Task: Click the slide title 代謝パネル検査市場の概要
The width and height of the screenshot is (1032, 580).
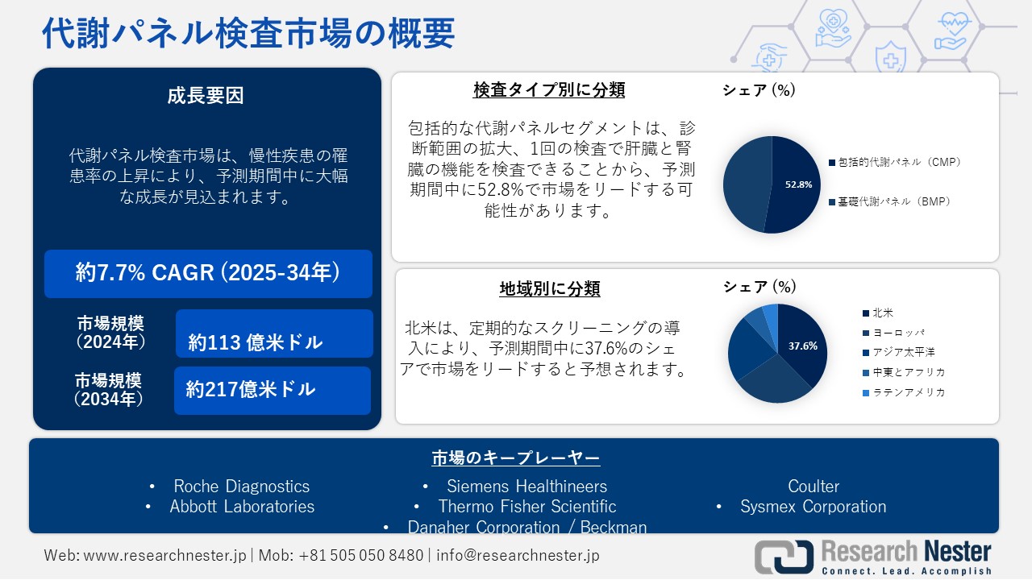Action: [x=248, y=33]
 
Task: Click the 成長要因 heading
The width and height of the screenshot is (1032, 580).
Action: [x=206, y=96]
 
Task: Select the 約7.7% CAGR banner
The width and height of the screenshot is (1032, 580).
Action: [x=208, y=273]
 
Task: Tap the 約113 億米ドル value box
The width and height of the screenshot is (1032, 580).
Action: [x=274, y=333]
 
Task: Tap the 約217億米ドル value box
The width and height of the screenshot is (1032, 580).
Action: [x=273, y=391]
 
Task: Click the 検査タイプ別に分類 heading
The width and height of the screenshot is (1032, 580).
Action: [x=549, y=89]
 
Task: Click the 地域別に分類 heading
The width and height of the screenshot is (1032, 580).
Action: [x=550, y=288]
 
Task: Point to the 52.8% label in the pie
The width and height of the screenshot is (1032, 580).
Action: [x=798, y=184]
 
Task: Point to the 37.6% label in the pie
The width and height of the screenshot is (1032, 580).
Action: [x=802, y=346]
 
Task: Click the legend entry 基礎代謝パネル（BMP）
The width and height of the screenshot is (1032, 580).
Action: [x=890, y=201]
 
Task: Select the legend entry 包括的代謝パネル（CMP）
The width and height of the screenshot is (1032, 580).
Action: [x=896, y=162]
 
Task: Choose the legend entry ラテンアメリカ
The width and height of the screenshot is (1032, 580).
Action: [x=904, y=392]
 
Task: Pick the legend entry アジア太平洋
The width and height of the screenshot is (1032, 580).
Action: [x=899, y=352]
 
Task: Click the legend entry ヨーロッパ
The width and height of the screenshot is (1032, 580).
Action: [x=894, y=333]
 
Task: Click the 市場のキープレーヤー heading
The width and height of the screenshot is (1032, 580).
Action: [x=516, y=458]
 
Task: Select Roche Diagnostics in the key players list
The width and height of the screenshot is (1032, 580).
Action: [x=241, y=486]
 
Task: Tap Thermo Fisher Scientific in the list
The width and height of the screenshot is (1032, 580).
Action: [x=527, y=507]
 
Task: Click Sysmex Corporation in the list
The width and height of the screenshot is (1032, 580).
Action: [x=814, y=507]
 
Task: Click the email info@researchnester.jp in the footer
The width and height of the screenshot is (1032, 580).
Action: [x=518, y=555]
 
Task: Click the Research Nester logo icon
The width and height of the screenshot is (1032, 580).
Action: [x=784, y=557]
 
